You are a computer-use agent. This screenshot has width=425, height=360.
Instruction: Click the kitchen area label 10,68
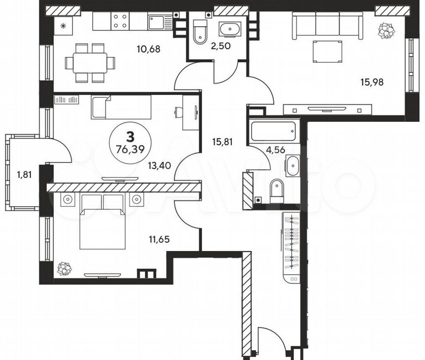(148, 49)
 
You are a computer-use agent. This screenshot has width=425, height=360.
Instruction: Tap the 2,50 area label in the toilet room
(221, 46)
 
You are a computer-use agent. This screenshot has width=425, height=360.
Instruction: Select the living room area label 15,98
(372, 82)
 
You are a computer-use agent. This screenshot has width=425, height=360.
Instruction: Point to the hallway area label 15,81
(222, 142)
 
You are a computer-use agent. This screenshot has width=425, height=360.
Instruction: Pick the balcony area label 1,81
(24, 175)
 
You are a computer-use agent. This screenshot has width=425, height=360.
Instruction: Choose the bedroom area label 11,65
(159, 239)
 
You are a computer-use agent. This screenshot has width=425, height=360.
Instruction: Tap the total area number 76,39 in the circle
(130, 149)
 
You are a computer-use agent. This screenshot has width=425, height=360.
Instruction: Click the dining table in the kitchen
(90, 63)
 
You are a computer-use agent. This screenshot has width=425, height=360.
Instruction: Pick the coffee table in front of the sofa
(328, 52)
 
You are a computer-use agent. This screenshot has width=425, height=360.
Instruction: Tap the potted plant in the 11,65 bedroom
(64, 269)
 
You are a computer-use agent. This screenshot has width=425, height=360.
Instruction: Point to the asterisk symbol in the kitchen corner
(63, 26)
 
